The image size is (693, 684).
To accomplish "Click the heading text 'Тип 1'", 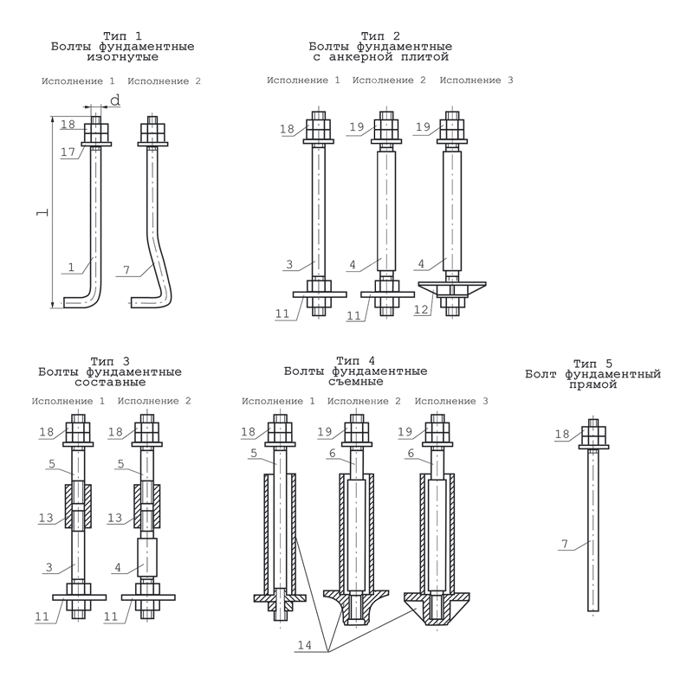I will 121,35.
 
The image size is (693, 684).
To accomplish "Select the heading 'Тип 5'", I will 593,364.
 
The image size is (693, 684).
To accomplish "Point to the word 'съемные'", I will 355,381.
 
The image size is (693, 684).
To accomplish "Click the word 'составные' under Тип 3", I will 110,382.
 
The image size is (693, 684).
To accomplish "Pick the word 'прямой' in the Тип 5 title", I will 593,384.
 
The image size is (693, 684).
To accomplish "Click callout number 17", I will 68,152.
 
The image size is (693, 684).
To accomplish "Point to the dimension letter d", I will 114,101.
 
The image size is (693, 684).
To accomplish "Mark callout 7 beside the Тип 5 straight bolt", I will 564,544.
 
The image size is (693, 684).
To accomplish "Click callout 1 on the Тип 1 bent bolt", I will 72,268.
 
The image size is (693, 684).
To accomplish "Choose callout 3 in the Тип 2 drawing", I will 291,263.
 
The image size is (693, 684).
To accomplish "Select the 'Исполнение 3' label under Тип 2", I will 476,81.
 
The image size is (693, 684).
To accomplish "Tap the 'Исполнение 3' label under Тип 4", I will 451,402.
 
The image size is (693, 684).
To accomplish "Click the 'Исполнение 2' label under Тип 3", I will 153,402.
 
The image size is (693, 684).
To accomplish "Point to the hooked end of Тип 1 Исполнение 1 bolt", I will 78,302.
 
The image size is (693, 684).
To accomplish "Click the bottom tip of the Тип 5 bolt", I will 593,609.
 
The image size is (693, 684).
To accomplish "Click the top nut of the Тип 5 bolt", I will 593,434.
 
